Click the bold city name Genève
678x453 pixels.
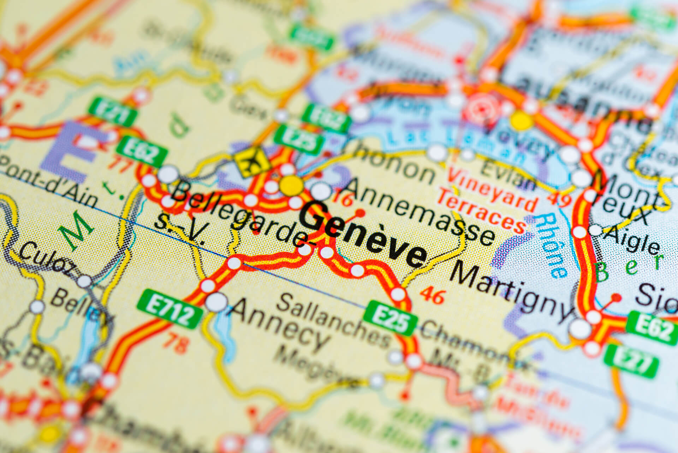point(364,235)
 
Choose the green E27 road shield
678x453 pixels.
point(631,361)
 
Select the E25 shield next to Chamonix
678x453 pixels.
point(390,318)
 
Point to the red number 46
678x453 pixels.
point(433,295)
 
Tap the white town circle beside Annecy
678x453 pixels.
point(216,302)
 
